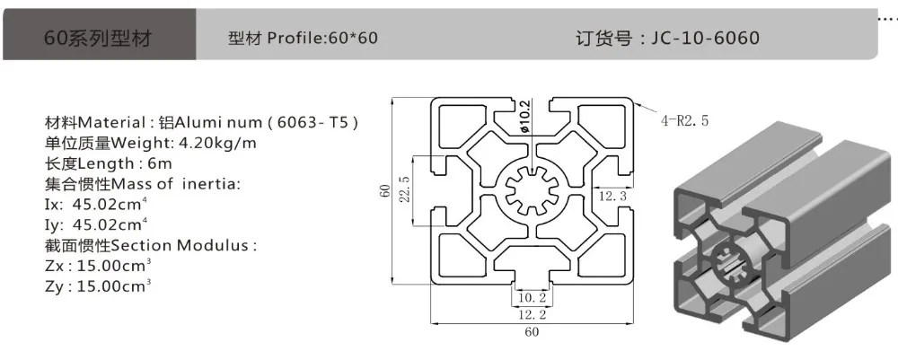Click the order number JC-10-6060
[705, 38]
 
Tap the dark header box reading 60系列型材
[99, 34]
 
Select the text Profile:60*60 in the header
[322, 38]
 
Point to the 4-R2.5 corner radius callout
[685, 121]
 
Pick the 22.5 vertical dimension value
[404, 189]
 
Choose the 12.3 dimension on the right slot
[612, 197]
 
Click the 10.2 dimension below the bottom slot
[532, 298]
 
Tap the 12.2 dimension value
[532, 313]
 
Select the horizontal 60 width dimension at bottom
[532, 331]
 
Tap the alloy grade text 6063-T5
[313, 122]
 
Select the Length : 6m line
[109, 163]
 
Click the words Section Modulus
[180, 245]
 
